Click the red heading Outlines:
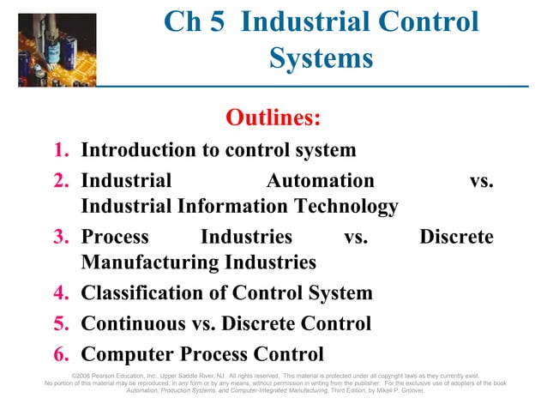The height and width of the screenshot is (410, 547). [x=273, y=116]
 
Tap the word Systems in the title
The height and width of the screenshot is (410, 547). [x=321, y=58]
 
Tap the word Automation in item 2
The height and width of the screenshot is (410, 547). [x=320, y=181]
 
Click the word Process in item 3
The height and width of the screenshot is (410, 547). [x=114, y=237]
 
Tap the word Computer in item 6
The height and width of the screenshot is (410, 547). [x=125, y=353]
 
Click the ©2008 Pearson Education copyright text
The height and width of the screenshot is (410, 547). [x=111, y=375]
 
